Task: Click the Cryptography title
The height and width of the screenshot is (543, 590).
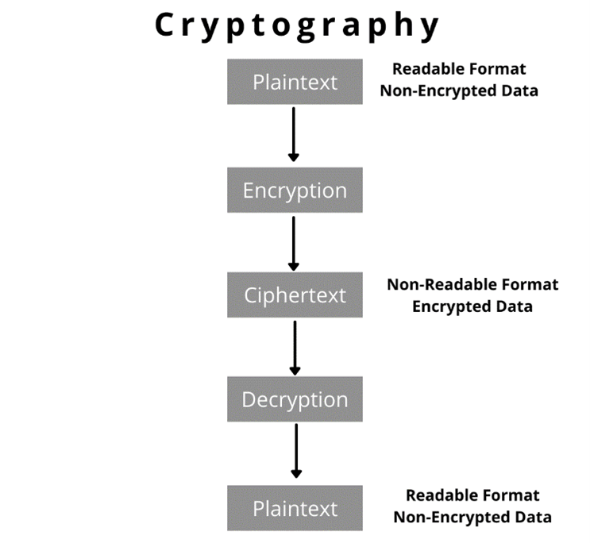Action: point(296,26)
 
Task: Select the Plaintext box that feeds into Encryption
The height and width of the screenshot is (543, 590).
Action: point(295,82)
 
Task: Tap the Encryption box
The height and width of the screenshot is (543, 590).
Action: point(295,190)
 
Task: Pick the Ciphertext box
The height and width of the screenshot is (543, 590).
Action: point(295,295)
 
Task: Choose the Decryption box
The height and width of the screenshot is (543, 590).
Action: point(295,399)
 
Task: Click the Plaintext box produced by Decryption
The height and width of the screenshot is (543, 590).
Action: point(295,508)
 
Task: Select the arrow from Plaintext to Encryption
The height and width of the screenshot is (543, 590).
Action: point(294,134)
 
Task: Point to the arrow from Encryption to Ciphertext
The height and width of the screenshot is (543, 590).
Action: point(294,244)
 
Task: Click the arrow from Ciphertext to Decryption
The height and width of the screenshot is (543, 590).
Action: point(295,348)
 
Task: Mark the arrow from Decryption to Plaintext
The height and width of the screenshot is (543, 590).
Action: point(296,451)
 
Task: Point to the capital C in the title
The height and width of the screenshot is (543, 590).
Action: point(164,25)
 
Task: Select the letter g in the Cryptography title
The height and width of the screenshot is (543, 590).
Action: point(306,29)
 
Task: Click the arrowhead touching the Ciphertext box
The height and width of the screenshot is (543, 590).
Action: point(294,267)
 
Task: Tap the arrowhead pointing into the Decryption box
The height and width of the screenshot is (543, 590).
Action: point(295,372)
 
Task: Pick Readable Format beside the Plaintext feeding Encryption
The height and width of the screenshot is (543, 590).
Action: point(459,69)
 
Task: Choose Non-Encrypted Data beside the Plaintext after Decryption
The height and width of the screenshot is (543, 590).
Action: point(472,518)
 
